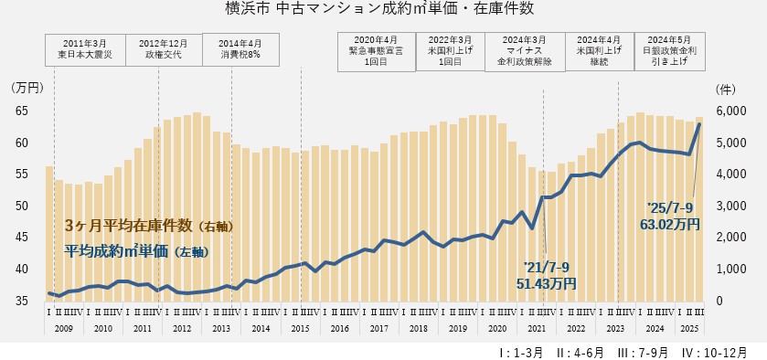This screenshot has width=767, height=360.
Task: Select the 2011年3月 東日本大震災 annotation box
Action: [88, 48]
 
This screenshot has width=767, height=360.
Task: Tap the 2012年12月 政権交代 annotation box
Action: [165, 48]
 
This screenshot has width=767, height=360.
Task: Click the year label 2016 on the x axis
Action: [339, 328]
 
